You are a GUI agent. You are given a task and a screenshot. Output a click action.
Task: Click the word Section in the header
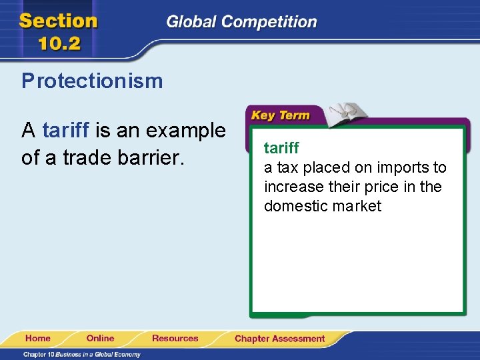click(x=59, y=21)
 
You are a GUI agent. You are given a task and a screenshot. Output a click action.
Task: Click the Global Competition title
click(x=241, y=22)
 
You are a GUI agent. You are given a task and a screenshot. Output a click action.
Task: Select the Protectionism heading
click(x=92, y=81)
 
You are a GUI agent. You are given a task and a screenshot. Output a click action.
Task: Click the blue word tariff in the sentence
click(x=66, y=130)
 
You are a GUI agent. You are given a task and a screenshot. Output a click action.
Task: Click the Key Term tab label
click(x=280, y=115)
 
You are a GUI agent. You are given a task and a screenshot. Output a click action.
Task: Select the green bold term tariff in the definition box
click(x=281, y=147)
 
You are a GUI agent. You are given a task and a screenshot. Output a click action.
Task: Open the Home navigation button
click(x=37, y=338)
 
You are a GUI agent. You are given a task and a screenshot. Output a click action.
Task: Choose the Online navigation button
click(x=100, y=338)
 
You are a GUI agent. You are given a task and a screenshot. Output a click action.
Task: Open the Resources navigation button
click(x=175, y=338)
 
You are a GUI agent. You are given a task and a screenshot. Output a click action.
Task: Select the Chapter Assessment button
click(x=279, y=339)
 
